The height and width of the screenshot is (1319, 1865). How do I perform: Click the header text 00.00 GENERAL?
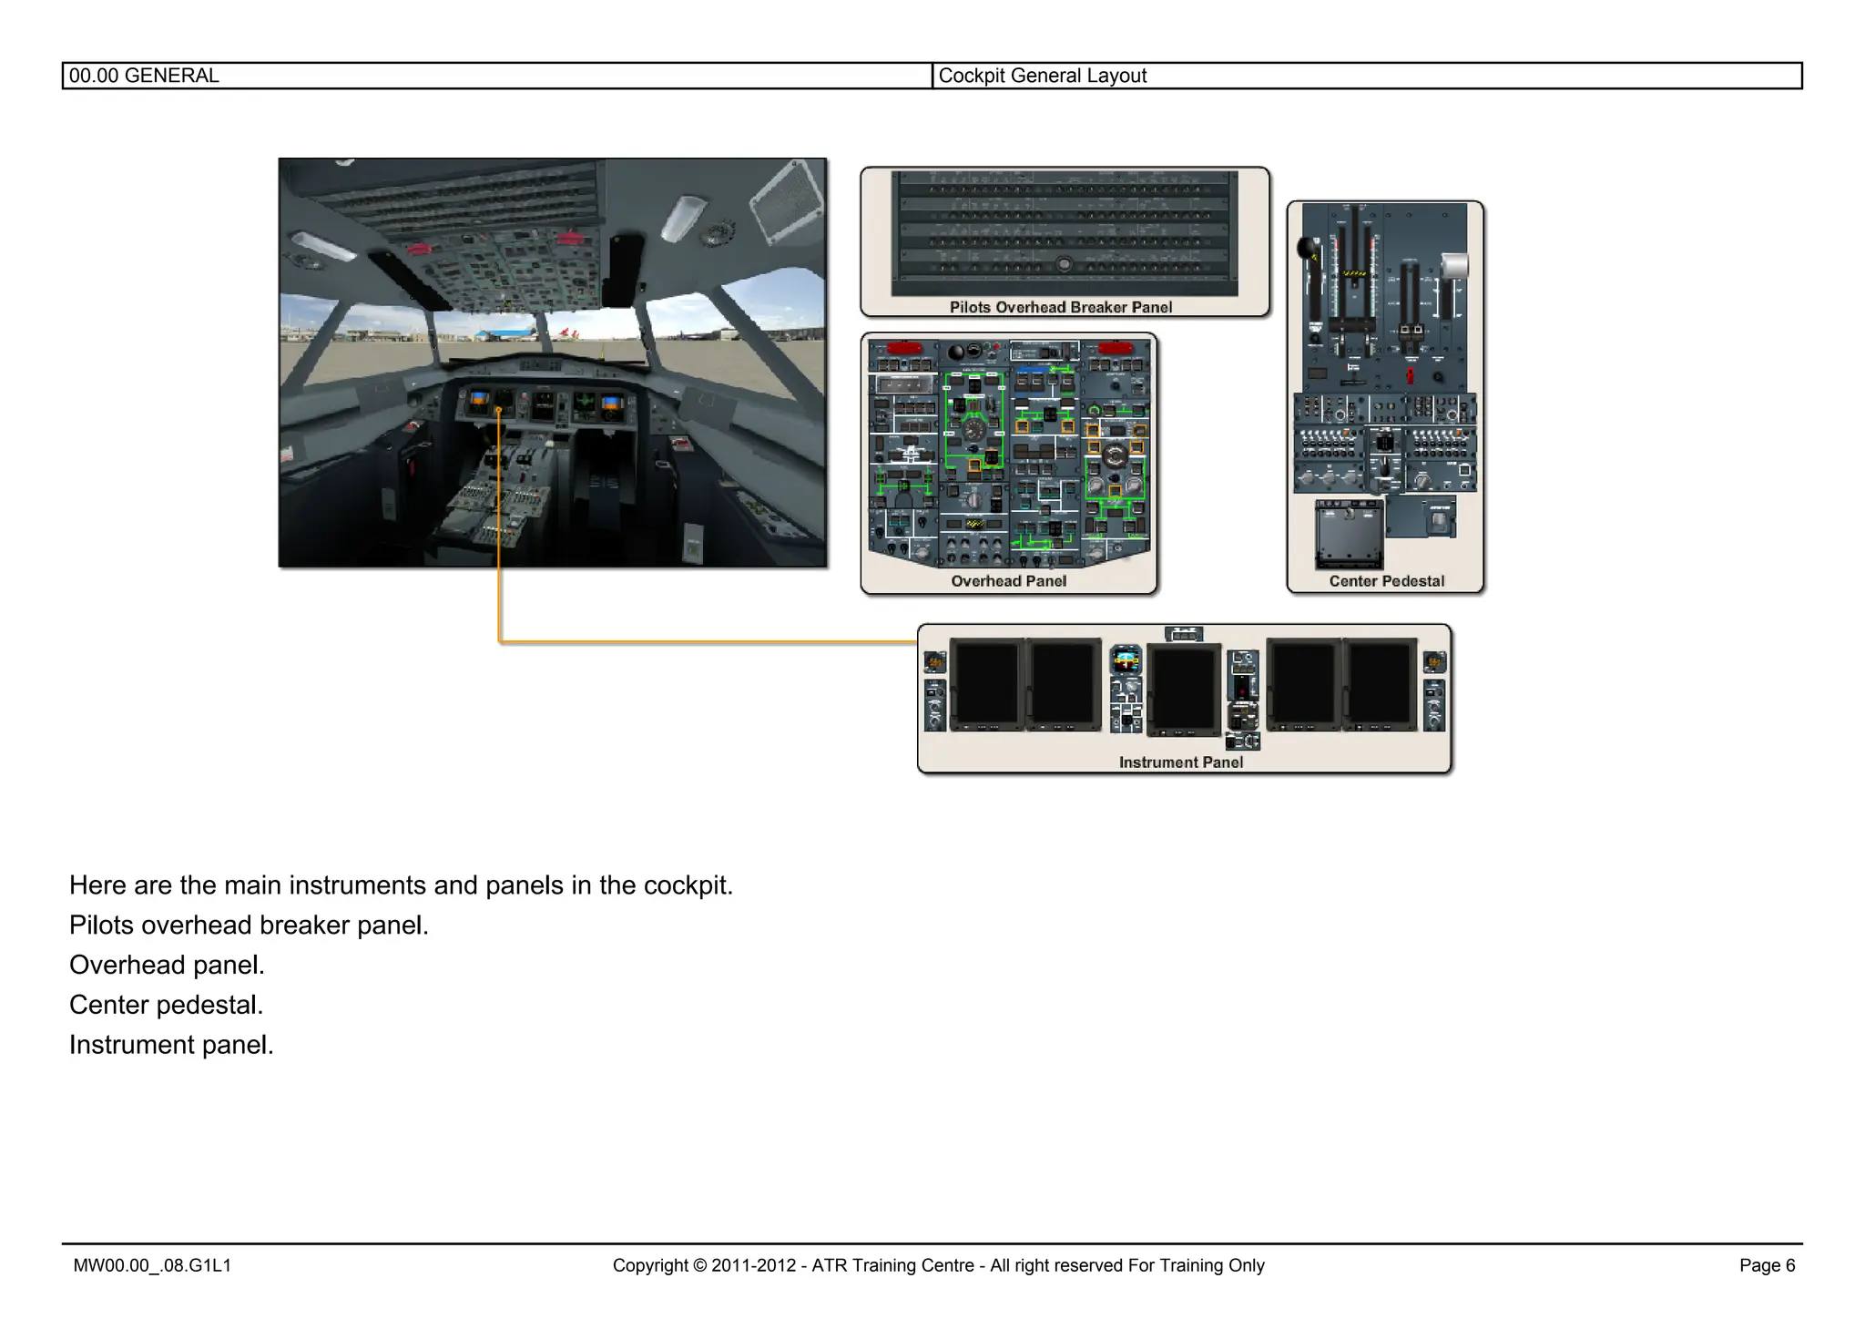tap(144, 76)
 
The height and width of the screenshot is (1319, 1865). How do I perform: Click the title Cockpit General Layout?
tap(1042, 76)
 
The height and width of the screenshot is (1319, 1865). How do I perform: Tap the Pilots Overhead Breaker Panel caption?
tap(1060, 307)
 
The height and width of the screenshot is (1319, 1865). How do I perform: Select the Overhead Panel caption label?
tap(1008, 581)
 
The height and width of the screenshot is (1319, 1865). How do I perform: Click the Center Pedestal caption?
tap(1386, 581)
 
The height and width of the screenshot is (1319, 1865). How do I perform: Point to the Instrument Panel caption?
tap(1180, 762)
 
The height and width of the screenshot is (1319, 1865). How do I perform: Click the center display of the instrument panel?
tap(1184, 689)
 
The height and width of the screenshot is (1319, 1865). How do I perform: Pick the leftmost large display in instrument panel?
tap(987, 684)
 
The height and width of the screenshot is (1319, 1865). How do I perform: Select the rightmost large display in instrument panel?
tap(1379, 684)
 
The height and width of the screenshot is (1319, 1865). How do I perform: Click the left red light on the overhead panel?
tap(903, 348)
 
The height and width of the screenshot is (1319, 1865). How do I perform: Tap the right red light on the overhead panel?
tap(1115, 348)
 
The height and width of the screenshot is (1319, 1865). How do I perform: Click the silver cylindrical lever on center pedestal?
tap(1455, 265)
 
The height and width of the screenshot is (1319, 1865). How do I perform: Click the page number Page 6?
tap(1767, 1265)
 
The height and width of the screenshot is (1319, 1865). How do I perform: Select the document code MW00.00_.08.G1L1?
tap(152, 1265)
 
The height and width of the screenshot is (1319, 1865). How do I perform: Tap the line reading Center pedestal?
tap(166, 1005)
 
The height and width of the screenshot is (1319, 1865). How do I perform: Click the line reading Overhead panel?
tap(167, 965)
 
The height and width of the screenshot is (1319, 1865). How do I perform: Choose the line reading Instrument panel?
tap(171, 1045)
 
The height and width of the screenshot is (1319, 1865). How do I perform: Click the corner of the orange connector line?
tap(500, 642)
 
